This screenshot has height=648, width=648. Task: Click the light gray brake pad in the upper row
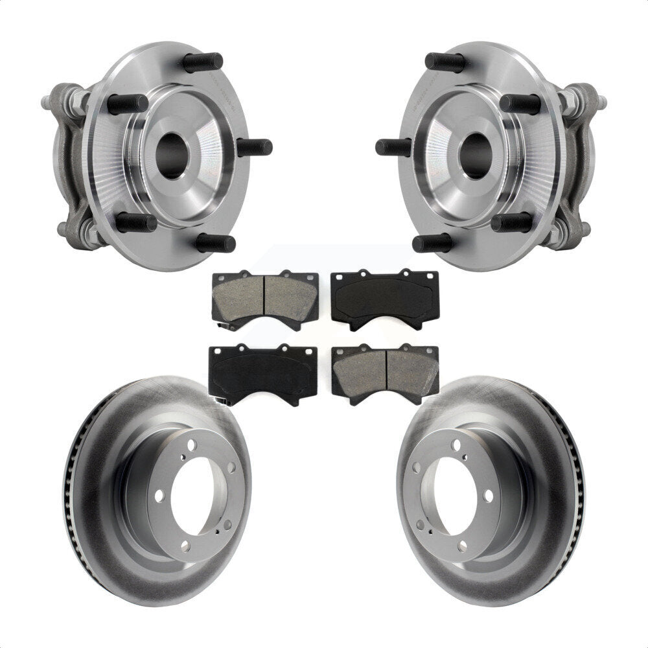[265, 298]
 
